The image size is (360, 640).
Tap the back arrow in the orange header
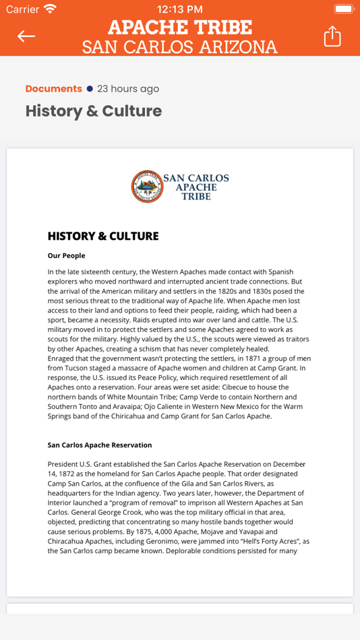coord(26,36)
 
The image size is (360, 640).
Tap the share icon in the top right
coord(332,36)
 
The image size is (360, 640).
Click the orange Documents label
coord(53,89)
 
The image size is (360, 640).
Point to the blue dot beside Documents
coord(90,89)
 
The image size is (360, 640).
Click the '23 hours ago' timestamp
coord(128,89)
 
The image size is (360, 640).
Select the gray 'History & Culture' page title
coord(94,111)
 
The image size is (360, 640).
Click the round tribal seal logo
coord(146,187)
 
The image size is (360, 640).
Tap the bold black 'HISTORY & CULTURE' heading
coord(103,236)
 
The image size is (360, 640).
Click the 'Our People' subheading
coord(66,256)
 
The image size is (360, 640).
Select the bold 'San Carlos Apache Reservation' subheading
coord(100,445)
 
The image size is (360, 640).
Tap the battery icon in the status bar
coord(344,9)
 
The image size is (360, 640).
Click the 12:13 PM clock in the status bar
coord(179,9)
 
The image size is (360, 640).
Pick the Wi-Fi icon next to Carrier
coord(50,9)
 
